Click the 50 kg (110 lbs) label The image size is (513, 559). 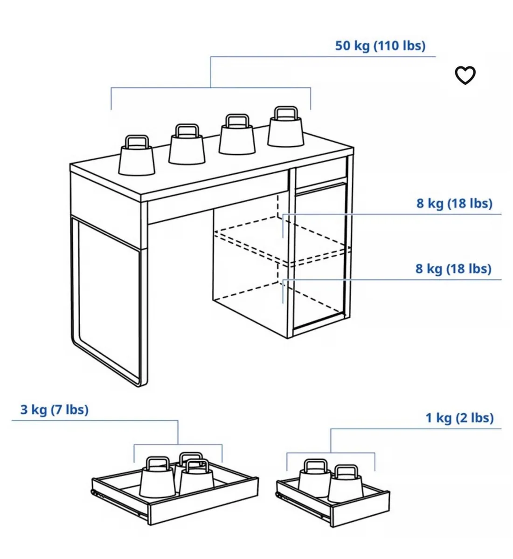pos(380,46)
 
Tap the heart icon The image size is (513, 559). pos(465,75)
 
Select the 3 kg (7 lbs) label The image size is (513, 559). pos(55,409)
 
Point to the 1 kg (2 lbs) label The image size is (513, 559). pos(459,418)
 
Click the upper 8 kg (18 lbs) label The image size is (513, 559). pos(454,204)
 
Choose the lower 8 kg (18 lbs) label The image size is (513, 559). pos(453,269)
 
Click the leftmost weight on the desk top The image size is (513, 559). pos(137,156)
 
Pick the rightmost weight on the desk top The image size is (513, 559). pos(285,127)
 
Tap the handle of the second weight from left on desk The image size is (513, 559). pos(187,131)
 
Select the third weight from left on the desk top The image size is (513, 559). pos(237,134)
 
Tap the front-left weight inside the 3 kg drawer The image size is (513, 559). pos(158,477)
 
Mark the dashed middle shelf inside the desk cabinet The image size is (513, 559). pos(282,241)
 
